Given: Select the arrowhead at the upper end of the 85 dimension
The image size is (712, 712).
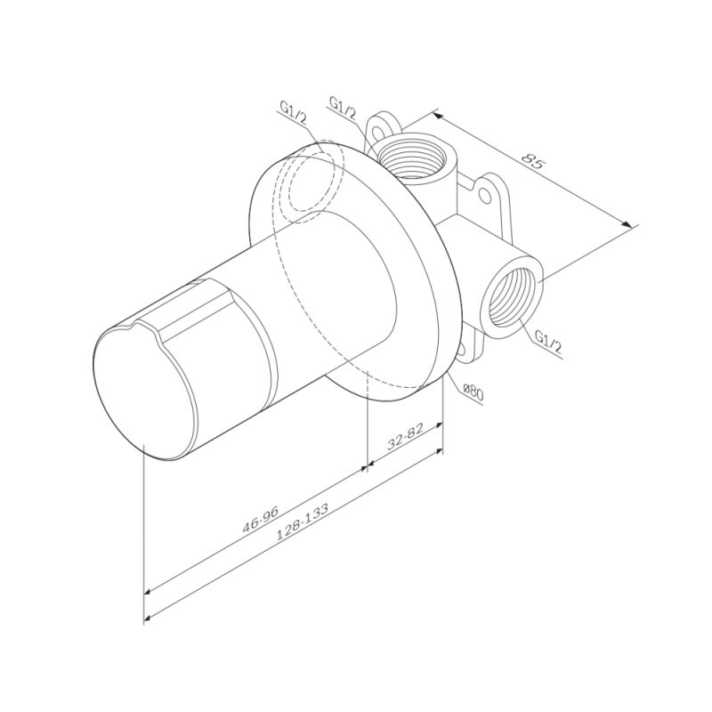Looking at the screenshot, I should (437, 114).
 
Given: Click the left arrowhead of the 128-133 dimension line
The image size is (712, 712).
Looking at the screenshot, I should (149, 616).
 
